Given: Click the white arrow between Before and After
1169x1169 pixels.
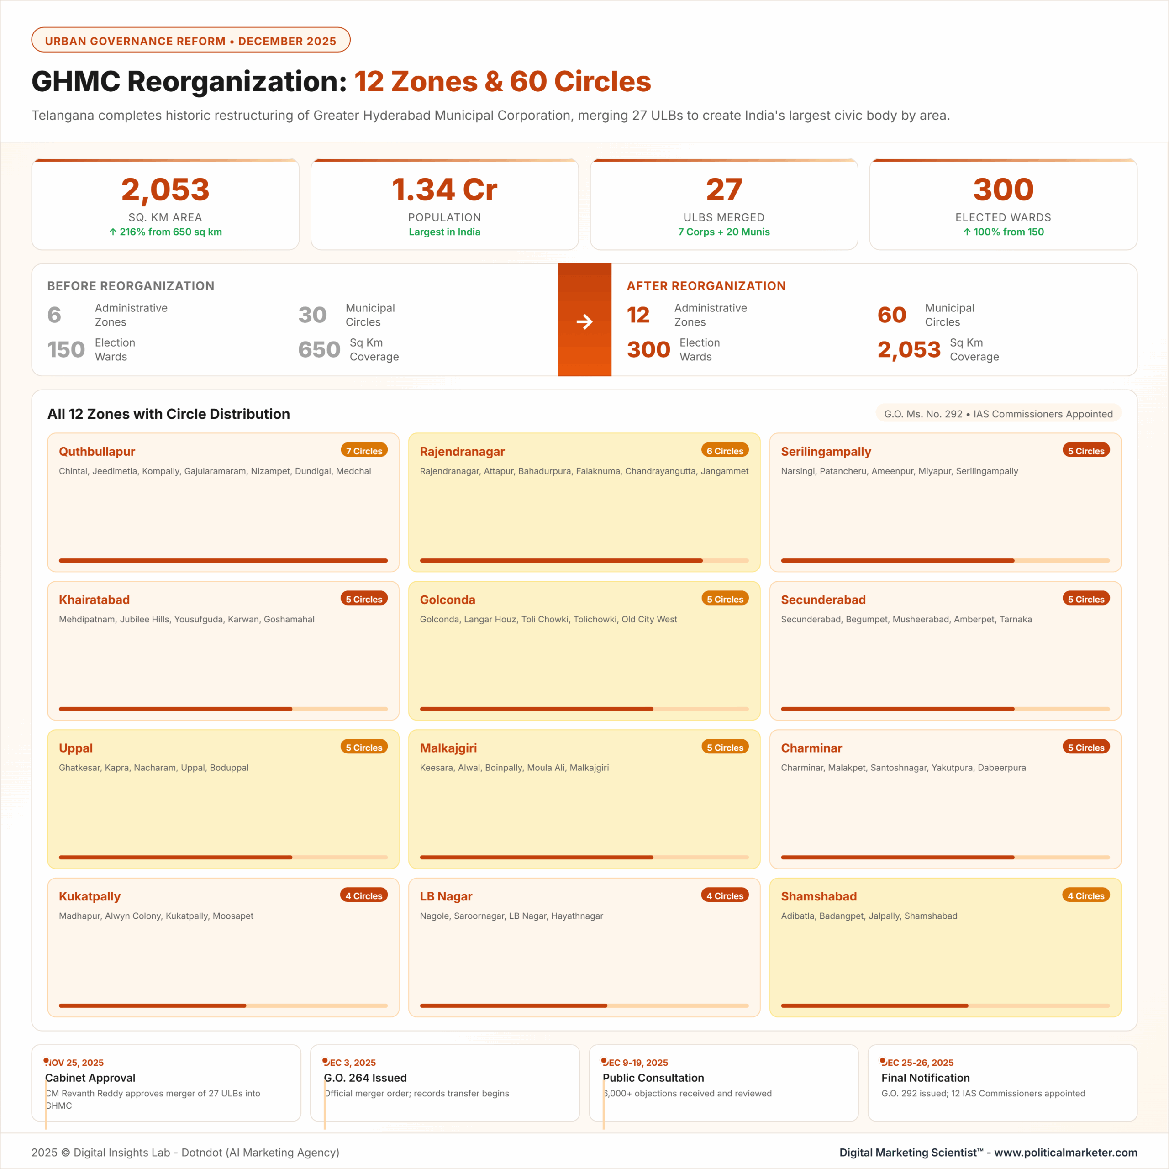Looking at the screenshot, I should pos(584,321).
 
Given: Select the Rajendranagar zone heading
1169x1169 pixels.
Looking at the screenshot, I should pos(462,451).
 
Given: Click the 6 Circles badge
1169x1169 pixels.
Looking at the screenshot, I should pos(724,451).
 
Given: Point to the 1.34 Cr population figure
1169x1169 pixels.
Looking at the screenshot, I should pos(444,190).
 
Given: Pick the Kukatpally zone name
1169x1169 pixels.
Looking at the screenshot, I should pos(90,896).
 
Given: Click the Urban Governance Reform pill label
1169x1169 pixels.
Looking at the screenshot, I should pos(190,41).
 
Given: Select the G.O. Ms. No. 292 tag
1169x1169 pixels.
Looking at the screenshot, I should pos(998,414).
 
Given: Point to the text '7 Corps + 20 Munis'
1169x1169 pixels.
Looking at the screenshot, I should pos(724,232).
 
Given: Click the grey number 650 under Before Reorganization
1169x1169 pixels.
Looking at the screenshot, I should pos(319,349).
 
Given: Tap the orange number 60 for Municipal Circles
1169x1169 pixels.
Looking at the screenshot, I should pos(891,315).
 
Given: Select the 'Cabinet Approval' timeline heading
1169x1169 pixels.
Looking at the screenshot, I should pos(90,1078).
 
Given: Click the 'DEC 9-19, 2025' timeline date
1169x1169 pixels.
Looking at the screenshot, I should pos(637,1063).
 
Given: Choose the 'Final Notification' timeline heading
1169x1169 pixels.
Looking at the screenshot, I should pos(925,1078).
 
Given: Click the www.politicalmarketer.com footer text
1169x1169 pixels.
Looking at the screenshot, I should pos(1065,1153).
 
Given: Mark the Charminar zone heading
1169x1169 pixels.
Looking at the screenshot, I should pos(811,748).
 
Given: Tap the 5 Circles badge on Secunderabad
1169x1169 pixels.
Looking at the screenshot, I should pos(1085,599).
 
